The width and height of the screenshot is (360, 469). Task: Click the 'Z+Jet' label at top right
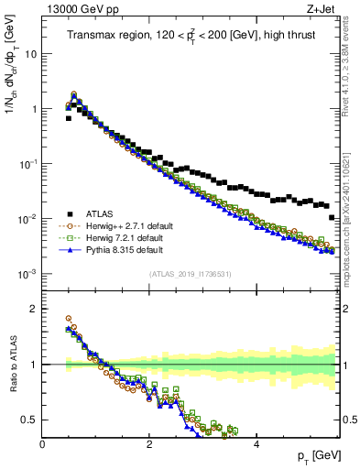320,8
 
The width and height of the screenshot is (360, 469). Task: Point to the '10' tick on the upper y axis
30,54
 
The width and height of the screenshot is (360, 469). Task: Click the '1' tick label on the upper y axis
34,109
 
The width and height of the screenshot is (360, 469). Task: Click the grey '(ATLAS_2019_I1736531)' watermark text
190,274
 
